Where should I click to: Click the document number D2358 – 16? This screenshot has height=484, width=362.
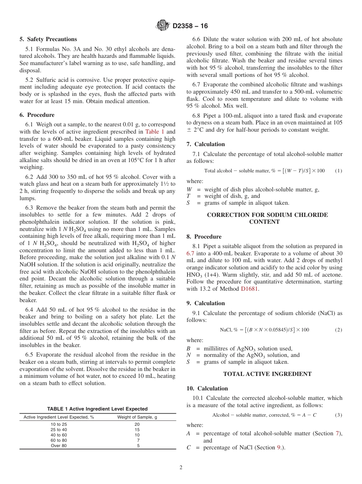190,26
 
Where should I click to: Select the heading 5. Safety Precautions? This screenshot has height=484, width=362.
48,39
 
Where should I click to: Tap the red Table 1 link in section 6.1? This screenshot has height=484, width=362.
155,132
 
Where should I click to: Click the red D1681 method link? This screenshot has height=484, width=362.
250,289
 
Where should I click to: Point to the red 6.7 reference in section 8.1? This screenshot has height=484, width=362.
191,253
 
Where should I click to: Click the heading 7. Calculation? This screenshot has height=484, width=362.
205,144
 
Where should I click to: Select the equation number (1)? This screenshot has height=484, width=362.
338,171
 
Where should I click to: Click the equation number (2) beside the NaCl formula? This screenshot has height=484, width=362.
338,330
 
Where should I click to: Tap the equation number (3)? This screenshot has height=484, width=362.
338,415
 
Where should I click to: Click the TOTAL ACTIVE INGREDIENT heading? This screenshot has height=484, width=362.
267,374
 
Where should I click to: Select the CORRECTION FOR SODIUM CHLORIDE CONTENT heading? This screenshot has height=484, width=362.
267,218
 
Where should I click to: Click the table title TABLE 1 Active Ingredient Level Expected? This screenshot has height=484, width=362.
97,409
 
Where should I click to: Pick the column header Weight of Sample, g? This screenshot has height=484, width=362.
137,417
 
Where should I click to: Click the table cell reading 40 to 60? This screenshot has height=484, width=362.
59,435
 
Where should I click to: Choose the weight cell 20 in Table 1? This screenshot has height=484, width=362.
137,424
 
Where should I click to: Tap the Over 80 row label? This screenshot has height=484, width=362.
59,446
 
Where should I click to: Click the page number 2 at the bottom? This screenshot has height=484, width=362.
181,468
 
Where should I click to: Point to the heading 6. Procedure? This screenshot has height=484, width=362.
37,115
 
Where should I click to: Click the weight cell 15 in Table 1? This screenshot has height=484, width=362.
137,430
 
